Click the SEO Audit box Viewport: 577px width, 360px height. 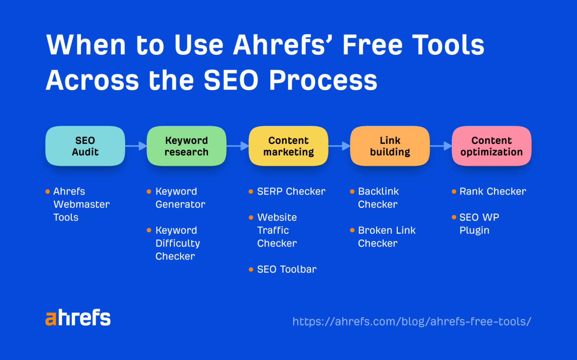click(85, 146)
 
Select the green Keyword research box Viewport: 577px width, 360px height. click(186, 146)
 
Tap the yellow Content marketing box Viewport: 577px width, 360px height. click(288, 146)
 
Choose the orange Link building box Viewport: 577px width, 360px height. click(390, 146)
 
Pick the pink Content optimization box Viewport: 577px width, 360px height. click(491, 146)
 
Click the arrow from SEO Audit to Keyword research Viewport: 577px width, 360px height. click(136, 146)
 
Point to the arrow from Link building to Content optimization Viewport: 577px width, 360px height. click(441, 146)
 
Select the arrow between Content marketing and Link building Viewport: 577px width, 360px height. click(339, 146)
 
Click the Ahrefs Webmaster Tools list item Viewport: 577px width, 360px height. click(81, 204)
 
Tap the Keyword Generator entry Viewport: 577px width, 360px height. click(180, 198)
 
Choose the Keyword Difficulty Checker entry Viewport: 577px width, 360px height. click(177, 243)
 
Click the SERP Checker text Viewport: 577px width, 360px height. click(291, 192)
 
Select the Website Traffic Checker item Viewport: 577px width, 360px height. click(277, 230)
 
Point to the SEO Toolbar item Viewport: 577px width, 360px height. click(287, 269)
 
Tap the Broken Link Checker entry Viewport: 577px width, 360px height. click(387, 237)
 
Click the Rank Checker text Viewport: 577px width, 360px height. click(492, 192)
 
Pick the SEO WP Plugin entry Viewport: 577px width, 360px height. click(479, 224)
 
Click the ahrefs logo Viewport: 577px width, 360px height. click(78, 318)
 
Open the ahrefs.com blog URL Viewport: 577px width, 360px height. click(412, 322)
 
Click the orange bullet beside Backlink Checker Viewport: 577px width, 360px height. click(352, 192)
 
